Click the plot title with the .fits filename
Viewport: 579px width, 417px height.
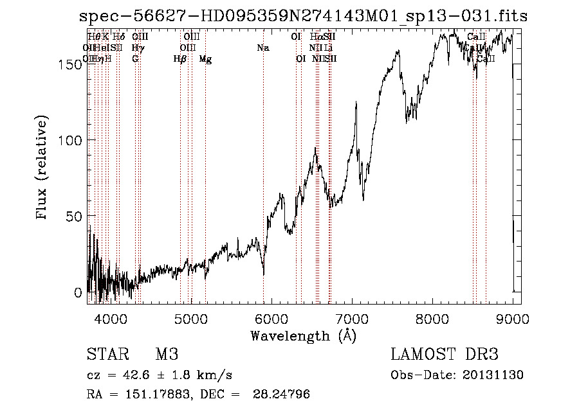[303, 17]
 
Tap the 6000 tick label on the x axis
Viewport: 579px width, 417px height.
[271, 318]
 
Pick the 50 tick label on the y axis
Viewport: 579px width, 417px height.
[76, 216]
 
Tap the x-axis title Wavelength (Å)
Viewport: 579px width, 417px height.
[303, 335]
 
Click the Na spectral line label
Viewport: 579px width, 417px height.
[262, 48]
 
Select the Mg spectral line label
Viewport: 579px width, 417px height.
[205, 59]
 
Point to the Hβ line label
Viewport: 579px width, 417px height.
[179, 59]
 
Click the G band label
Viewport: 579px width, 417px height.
[135, 59]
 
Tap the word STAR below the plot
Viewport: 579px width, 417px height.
[107, 355]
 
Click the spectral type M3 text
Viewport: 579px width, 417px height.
[167, 355]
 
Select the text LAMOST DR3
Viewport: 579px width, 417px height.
[445, 355]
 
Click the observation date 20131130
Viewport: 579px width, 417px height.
[496, 375]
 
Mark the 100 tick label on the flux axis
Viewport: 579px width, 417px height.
[73, 139]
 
